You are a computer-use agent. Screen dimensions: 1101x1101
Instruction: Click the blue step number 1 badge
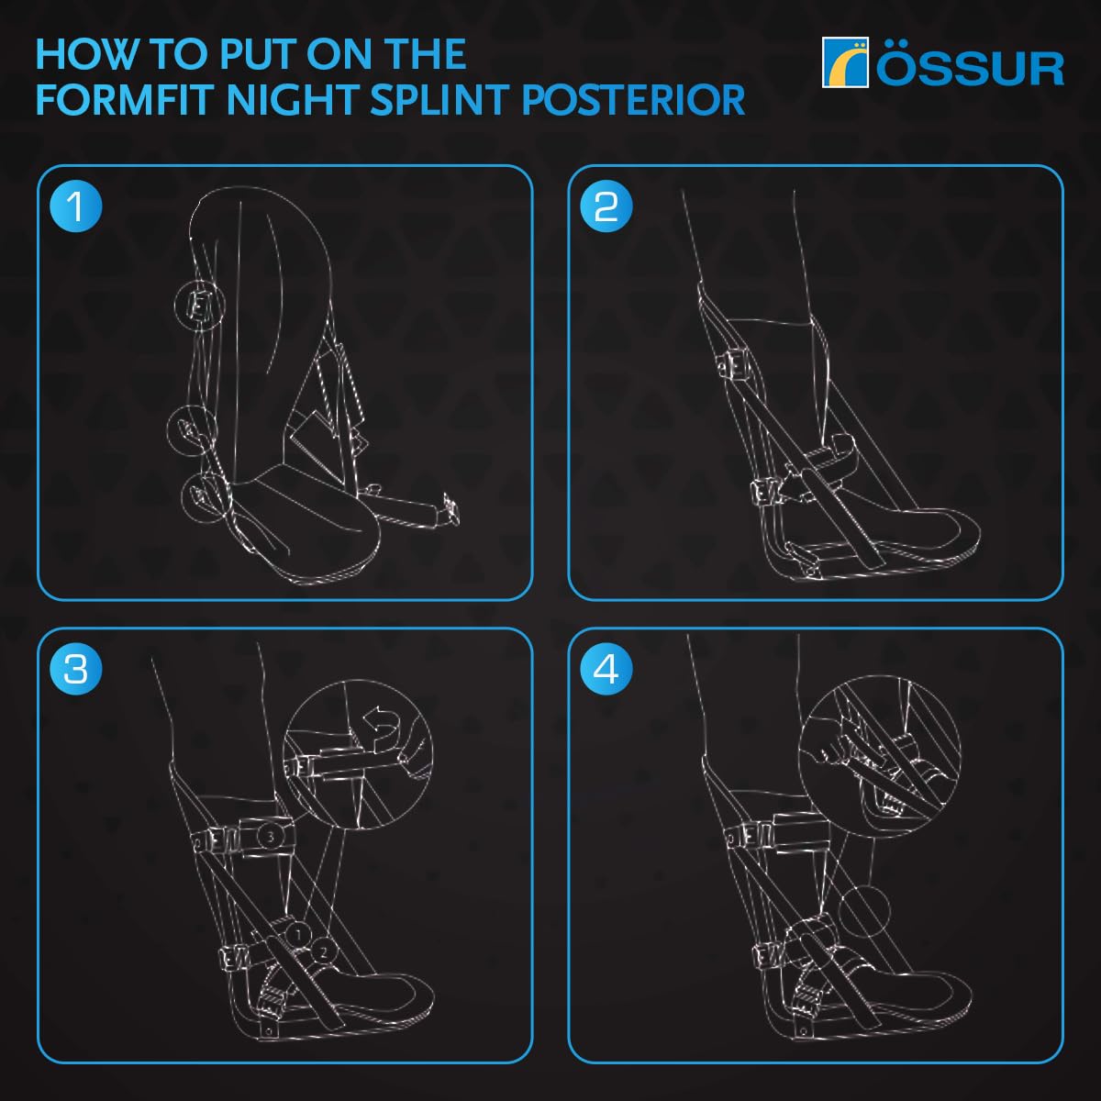point(76,206)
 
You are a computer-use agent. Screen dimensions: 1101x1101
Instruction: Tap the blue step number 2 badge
point(606,206)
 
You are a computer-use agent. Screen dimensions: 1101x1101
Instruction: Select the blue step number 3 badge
point(76,669)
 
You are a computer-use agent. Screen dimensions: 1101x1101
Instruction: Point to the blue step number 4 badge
point(606,669)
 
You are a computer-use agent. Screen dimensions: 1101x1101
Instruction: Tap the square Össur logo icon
point(844,62)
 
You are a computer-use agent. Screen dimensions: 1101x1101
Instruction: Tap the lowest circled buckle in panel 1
point(203,497)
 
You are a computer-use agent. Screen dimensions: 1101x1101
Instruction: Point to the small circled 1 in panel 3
point(296,932)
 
